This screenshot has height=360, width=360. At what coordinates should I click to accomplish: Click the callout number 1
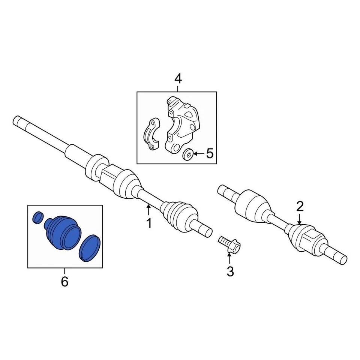click(x=149, y=223)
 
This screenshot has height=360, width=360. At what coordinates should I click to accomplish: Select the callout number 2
click(x=300, y=206)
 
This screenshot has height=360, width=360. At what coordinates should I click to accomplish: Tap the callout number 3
click(x=230, y=271)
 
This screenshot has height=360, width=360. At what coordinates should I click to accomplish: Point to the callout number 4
click(x=178, y=79)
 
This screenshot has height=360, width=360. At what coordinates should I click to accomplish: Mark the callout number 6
click(x=64, y=281)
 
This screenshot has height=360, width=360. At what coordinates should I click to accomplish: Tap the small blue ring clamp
click(x=38, y=217)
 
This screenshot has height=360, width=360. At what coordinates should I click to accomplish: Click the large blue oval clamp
click(x=90, y=248)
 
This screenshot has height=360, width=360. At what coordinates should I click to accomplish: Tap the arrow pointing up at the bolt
click(x=229, y=258)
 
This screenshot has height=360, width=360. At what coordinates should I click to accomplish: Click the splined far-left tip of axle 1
click(x=18, y=121)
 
